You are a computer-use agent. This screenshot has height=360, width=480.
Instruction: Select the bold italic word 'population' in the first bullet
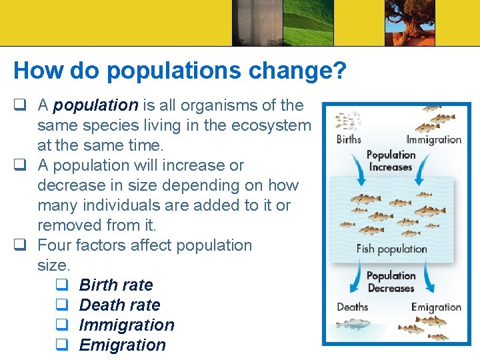[95, 105]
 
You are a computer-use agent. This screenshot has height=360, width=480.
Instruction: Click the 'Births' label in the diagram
[349, 139]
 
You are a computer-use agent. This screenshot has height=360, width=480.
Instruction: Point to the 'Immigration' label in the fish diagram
[434, 139]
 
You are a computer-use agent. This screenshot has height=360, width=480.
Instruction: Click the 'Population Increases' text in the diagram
[391, 161]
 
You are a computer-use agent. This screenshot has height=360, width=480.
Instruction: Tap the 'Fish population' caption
[391, 249]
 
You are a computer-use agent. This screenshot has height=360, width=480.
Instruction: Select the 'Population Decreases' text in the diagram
[391, 282]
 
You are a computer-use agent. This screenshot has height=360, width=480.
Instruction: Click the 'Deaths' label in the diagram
[352, 307]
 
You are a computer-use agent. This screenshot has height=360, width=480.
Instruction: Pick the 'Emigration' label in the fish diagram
[436, 307]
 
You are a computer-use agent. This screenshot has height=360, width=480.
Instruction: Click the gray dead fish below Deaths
[352, 324]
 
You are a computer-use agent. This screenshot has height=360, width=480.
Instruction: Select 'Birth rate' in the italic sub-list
[116, 285]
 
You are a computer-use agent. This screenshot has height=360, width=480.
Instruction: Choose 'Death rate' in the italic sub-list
[119, 305]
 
